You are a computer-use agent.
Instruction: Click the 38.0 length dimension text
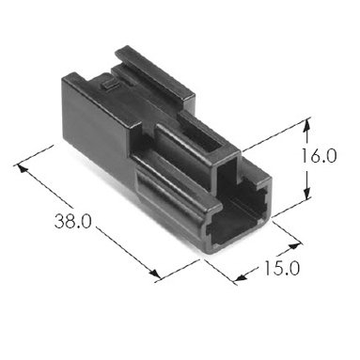coord(72,221)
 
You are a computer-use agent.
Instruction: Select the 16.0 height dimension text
coord(319,156)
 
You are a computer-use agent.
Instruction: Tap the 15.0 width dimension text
coord(282,269)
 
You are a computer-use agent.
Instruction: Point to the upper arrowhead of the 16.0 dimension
coord(307,124)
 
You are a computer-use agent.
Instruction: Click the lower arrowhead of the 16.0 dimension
coord(307,192)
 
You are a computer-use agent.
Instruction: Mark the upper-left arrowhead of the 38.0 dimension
coord(22,168)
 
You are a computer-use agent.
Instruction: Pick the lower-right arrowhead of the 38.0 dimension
coord(155,274)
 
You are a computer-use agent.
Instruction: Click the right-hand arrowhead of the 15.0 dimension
coord(294,245)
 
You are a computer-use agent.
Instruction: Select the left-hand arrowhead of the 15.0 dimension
coord(241,276)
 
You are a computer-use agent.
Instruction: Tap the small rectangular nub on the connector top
coord(108,85)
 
